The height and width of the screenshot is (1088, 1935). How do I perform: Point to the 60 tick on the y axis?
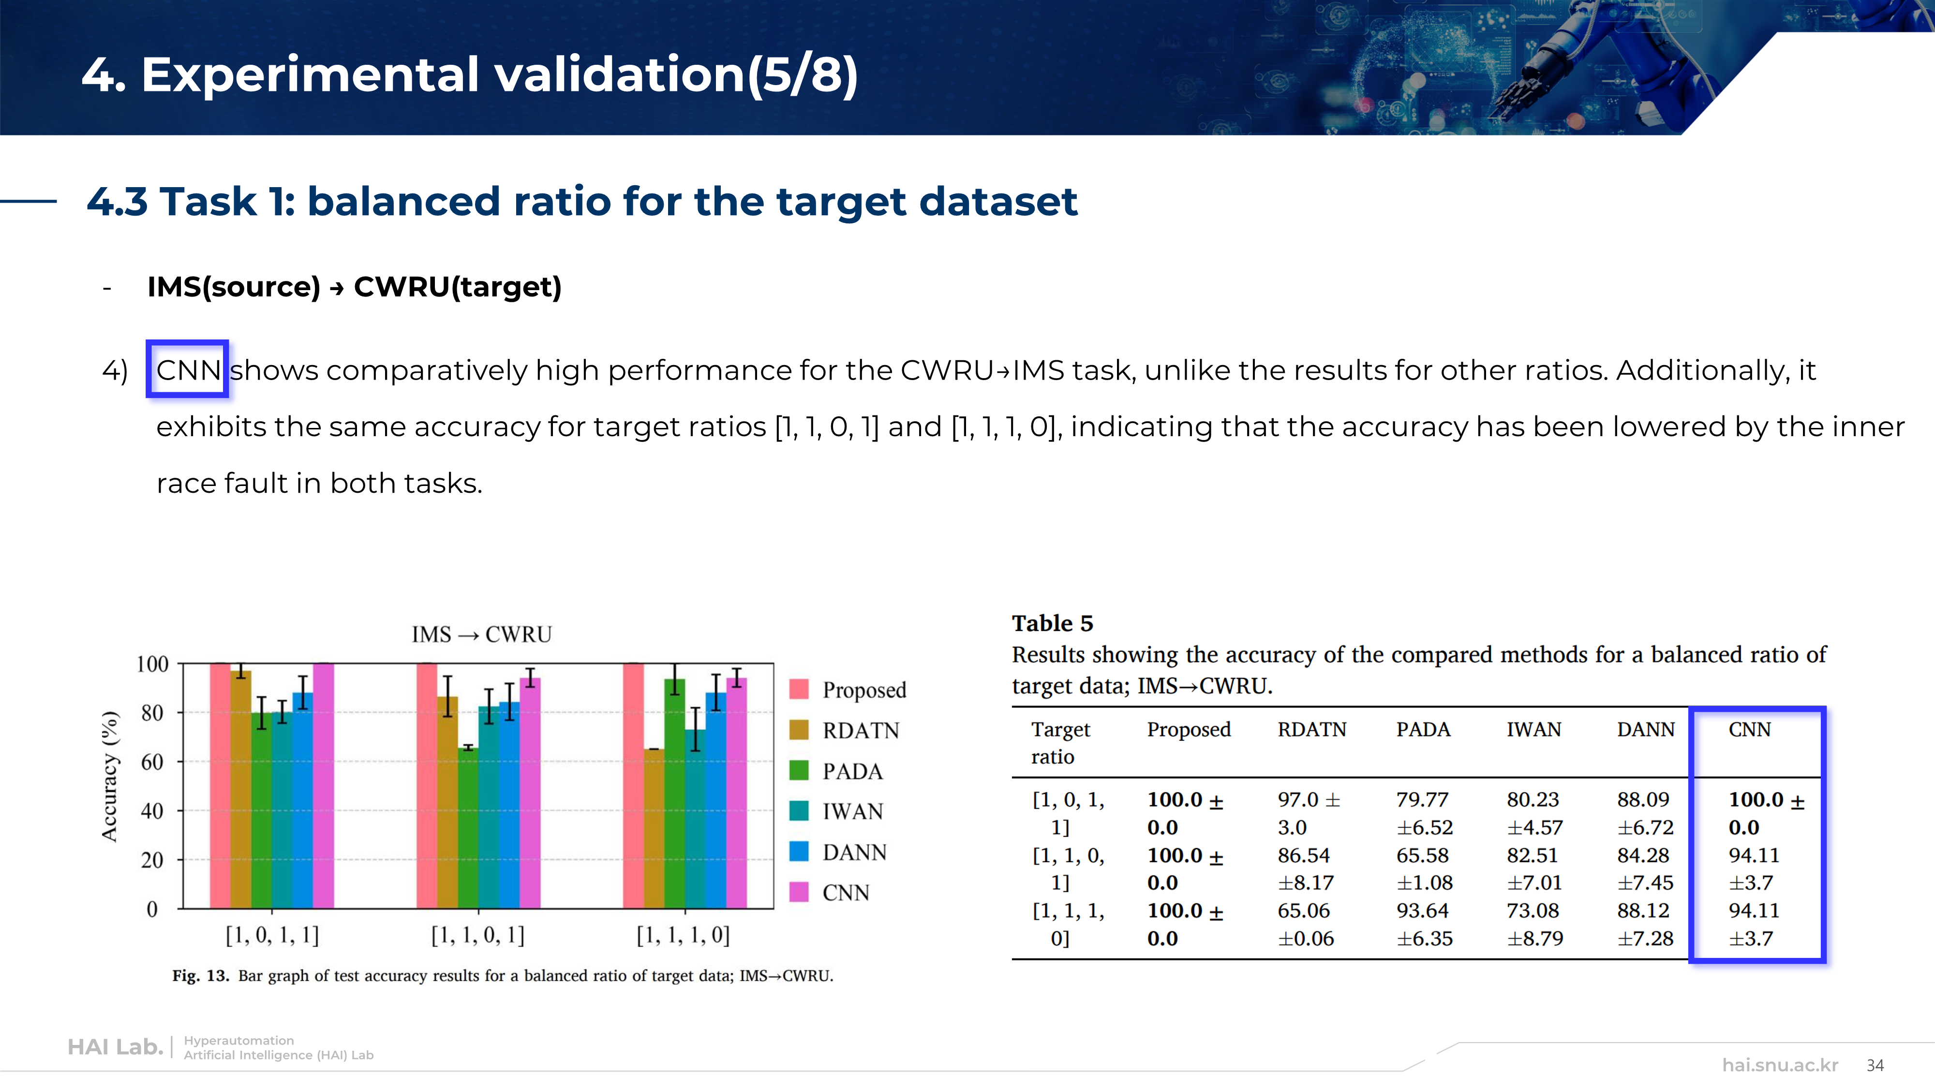click(152, 762)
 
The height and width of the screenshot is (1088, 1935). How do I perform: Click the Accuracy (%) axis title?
click(110, 776)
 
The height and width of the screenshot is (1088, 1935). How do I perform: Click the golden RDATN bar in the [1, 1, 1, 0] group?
click(654, 828)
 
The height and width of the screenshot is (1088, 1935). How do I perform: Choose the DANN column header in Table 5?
click(1645, 729)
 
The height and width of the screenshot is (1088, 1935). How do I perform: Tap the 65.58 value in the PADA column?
click(1422, 855)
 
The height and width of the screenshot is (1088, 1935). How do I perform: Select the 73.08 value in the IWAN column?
click(1533, 911)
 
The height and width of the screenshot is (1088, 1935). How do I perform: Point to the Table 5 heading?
click(1052, 623)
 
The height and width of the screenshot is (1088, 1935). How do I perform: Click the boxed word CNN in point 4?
click(188, 370)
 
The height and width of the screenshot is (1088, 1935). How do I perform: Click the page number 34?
click(1875, 1065)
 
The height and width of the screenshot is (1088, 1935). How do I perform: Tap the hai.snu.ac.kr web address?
click(1780, 1065)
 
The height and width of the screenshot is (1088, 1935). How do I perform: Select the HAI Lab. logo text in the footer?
click(115, 1047)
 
